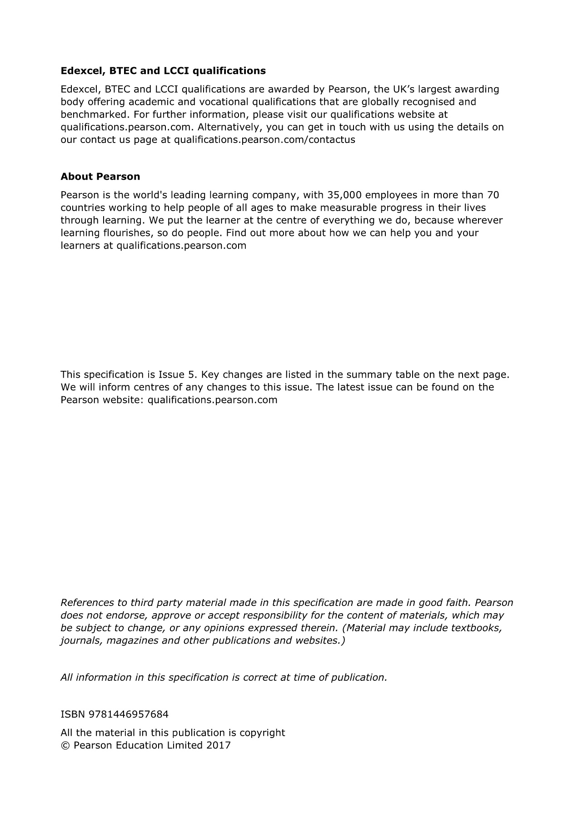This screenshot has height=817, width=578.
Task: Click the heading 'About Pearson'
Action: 100,177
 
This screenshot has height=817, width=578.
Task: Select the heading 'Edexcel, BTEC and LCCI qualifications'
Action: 163,71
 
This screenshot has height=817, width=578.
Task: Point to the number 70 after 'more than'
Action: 493,195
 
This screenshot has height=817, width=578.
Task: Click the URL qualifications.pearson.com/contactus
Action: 264,140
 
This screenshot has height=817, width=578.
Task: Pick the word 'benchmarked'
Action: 94,114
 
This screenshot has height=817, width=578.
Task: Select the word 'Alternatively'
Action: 228,127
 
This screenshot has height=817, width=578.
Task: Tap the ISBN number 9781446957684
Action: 129,714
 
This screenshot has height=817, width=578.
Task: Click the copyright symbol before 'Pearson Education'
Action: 65,745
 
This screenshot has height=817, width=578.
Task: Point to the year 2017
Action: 218,745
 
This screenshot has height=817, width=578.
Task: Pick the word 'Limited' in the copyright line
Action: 184,745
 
